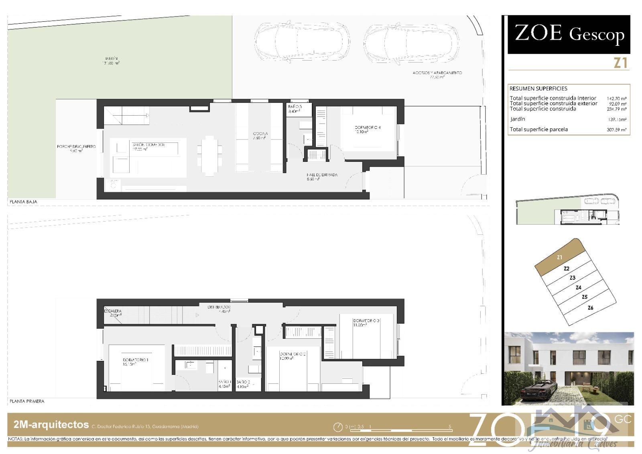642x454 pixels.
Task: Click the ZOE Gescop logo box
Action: click(569, 35)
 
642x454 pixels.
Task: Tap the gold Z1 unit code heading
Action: click(620, 63)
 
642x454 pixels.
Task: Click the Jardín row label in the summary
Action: click(518, 119)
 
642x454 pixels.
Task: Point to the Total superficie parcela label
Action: click(538, 130)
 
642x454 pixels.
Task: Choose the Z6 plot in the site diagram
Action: click(590, 308)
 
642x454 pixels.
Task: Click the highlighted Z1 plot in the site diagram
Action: click(560, 257)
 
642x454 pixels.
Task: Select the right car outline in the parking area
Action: click(411, 42)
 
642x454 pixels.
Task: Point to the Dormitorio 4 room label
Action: click(368, 128)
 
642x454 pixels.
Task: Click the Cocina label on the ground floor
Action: click(260, 134)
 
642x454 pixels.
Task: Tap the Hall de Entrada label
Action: click(322, 175)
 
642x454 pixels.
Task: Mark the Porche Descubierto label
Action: click(76, 147)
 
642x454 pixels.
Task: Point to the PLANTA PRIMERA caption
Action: click(27, 401)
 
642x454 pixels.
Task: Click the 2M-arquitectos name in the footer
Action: click(51, 425)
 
